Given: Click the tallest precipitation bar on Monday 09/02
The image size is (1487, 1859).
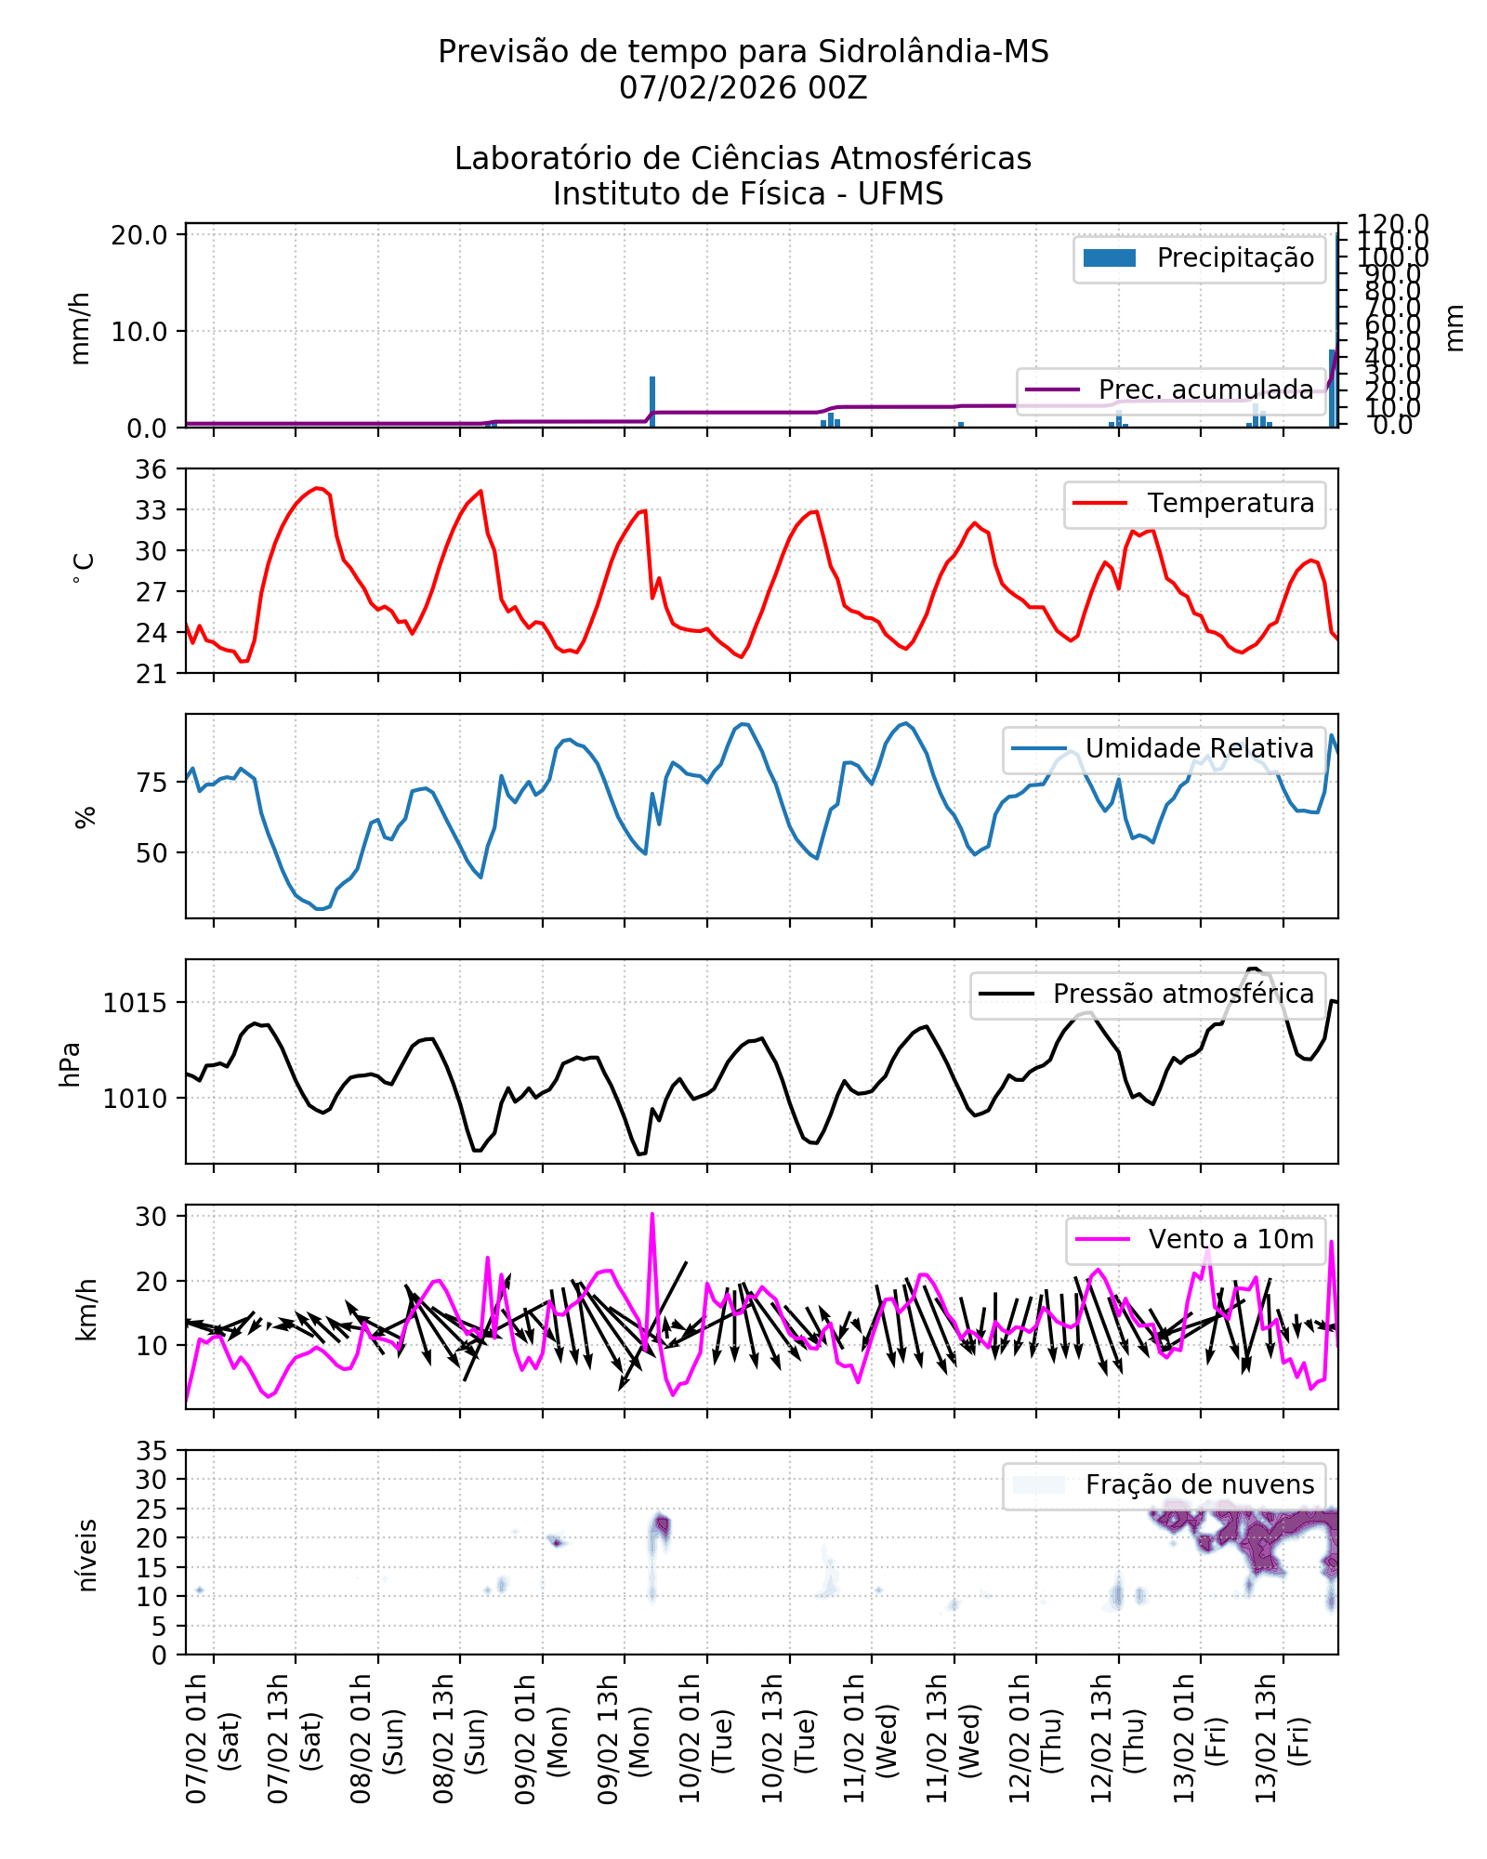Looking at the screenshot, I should click(x=652, y=402).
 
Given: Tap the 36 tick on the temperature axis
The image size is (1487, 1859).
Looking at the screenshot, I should click(x=151, y=469).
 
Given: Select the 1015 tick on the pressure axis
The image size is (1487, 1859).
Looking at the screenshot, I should click(x=135, y=1004).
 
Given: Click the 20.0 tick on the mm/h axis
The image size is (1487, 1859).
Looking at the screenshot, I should click(x=139, y=235).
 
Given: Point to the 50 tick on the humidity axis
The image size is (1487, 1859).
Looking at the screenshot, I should click(x=151, y=853).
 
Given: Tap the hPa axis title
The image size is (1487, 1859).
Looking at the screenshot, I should click(x=71, y=1064).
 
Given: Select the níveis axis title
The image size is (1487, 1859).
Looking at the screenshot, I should click(x=86, y=1556).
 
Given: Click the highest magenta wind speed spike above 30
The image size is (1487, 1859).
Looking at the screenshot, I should click(x=652, y=1216).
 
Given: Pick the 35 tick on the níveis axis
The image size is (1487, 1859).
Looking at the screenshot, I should click(x=151, y=1451).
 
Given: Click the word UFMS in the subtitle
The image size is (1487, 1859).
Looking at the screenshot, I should click(x=900, y=194).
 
